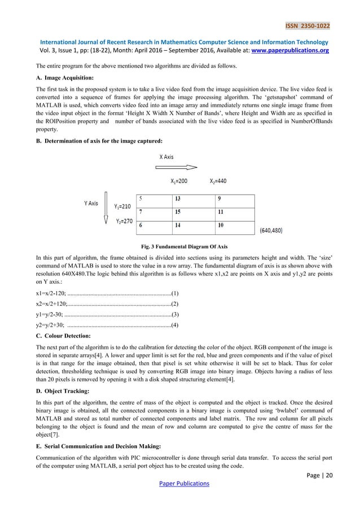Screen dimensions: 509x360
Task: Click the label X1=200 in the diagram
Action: tap(179, 181)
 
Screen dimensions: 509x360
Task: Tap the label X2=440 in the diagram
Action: tap(218, 181)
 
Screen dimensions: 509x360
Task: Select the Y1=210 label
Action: tap(123, 207)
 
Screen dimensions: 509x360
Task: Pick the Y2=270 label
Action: tap(124, 221)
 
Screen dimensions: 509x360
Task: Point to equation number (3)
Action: tap(175, 314)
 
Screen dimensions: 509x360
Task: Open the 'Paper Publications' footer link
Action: tap(180, 484)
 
